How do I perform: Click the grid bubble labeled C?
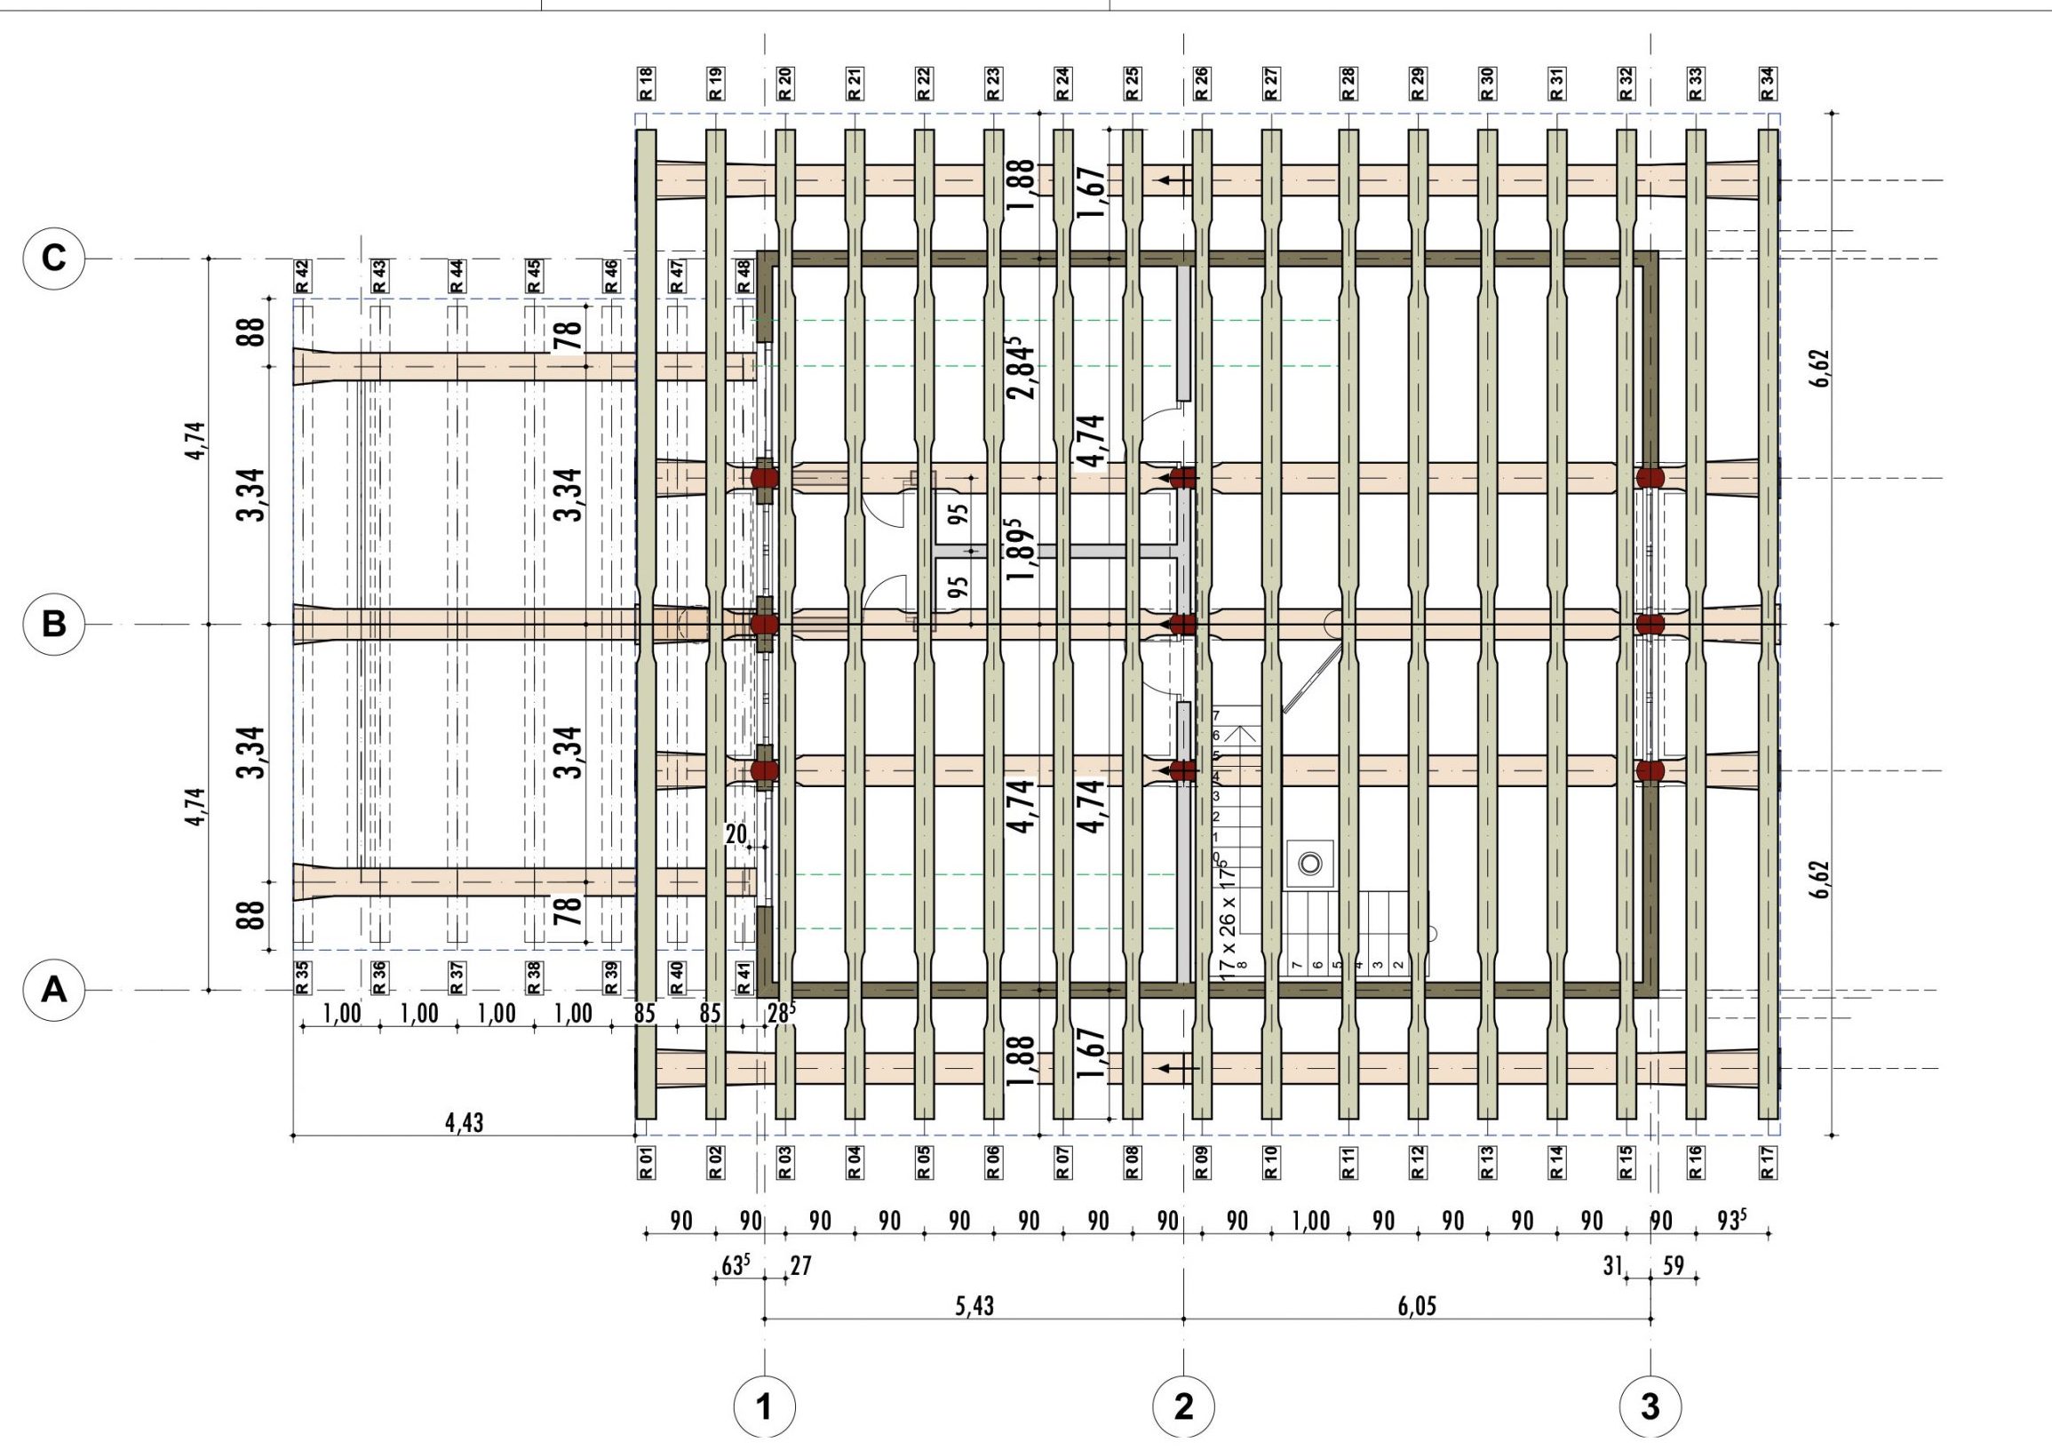click(53, 259)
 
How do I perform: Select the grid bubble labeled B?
click(53, 623)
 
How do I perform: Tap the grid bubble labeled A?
click(53, 991)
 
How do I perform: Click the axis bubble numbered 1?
click(764, 1408)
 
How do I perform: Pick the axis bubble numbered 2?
click(1184, 1408)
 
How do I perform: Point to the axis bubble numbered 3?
click(1650, 1408)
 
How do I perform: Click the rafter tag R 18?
click(646, 84)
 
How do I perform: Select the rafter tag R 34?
click(1768, 84)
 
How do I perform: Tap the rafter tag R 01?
click(646, 1162)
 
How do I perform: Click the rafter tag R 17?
click(1768, 1162)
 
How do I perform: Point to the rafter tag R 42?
click(302, 275)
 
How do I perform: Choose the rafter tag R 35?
click(302, 977)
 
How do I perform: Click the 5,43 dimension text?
click(974, 1306)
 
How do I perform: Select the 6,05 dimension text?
click(1418, 1306)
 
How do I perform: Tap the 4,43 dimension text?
click(465, 1123)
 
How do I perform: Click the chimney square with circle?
click(1310, 864)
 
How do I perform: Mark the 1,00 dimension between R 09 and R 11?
click(1310, 1221)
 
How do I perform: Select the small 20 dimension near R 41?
click(736, 834)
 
